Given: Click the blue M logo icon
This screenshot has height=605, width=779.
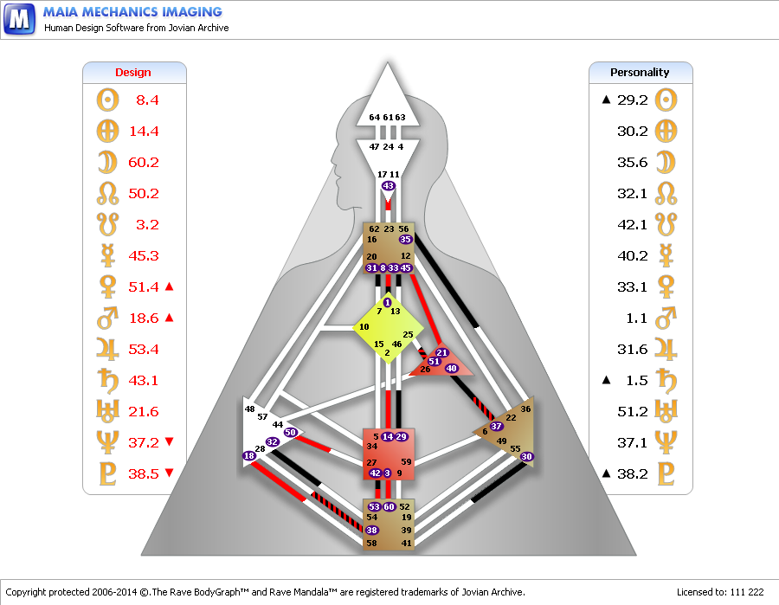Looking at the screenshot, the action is (19, 19).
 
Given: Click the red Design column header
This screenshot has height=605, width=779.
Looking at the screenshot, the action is (132, 73).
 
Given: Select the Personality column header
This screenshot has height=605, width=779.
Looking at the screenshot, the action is (640, 73).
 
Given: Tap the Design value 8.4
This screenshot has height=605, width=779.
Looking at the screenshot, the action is (147, 100).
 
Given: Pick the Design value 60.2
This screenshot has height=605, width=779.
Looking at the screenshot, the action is (144, 163).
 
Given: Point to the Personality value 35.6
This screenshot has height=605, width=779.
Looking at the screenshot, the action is (633, 163).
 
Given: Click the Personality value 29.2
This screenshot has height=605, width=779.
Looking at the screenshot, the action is (633, 100).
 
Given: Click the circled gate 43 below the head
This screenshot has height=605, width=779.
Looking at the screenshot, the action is (388, 186).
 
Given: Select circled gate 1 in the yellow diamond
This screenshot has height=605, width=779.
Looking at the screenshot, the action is (388, 302).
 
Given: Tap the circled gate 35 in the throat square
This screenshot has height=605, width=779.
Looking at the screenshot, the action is (405, 240).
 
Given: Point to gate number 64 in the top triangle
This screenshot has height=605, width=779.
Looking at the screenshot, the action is (374, 117).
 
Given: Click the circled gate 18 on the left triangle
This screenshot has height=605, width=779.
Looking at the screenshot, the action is (249, 455).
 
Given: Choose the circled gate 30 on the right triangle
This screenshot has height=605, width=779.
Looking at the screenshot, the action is (526, 456).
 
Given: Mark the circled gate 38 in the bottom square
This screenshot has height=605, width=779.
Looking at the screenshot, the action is (371, 530).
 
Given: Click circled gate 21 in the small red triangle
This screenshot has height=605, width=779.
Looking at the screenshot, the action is (441, 352).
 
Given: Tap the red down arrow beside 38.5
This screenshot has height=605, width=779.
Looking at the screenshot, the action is (169, 473).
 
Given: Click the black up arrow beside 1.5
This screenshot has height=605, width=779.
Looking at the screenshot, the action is (606, 380).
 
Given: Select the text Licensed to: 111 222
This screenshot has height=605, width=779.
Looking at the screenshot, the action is (720, 592).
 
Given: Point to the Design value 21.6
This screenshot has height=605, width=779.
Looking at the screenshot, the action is (144, 412).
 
